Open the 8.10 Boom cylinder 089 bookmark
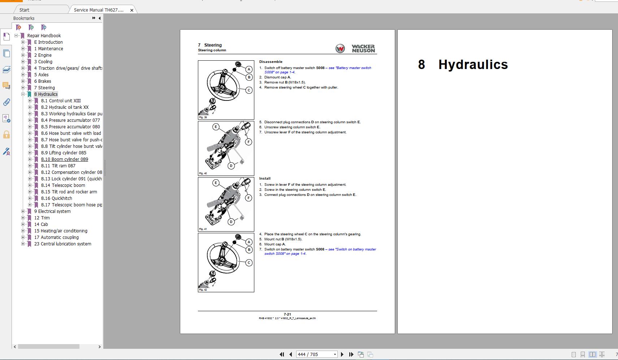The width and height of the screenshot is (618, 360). pos(64,159)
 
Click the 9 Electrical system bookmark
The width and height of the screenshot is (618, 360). pos(52,211)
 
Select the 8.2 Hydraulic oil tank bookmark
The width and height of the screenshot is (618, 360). pos(65,107)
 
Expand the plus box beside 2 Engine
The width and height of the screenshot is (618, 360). pos(23,55)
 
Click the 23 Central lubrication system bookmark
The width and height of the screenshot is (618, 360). pos(62,244)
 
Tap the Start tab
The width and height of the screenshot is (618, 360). pos(25,10)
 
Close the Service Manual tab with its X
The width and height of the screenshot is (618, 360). pos(132,10)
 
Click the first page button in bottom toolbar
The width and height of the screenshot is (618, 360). pos(282,354)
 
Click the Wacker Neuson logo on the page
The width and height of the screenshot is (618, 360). pos(355,48)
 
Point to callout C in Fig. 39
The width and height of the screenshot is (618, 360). pos(249,90)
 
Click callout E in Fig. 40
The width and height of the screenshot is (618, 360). pos(216,127)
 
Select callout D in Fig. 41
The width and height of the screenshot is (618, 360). pos(231,222)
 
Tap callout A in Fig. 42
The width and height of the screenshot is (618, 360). pos(249,242)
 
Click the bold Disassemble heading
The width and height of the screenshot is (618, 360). pos(271,62)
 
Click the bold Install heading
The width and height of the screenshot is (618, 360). pos(265,179)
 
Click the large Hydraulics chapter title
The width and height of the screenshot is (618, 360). pos(473,65)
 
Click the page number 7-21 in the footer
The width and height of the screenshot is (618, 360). pos(287,314)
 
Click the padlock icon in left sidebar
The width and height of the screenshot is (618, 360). pos(6,135)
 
